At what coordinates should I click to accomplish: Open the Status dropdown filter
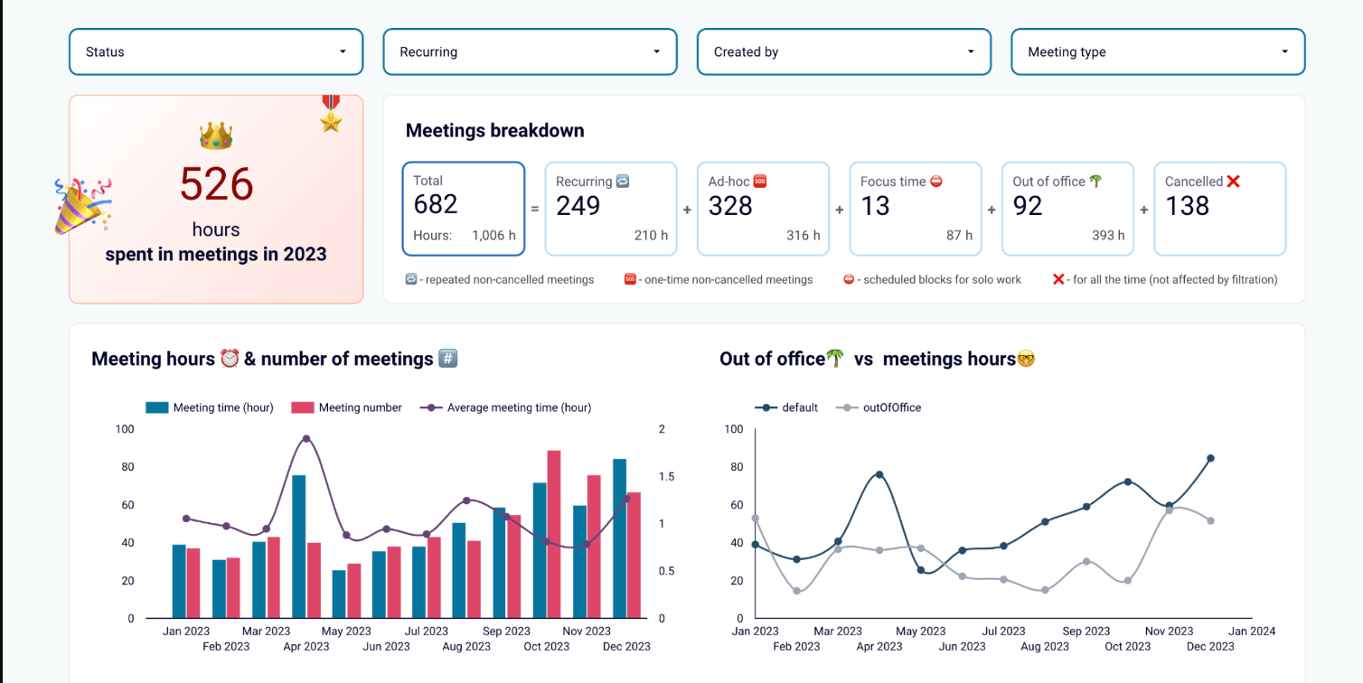[215, 52]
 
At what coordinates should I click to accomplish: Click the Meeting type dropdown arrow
[1284, 52]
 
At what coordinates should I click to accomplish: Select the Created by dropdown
[843, 52]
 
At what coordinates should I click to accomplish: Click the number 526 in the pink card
[216, 184]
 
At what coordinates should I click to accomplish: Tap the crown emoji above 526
[216, 136]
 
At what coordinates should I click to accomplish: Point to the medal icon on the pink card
[331, 113]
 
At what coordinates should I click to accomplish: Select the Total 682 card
[463, 209]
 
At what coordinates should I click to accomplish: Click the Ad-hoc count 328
[730, 206]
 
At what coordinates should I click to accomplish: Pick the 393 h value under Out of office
[1108, 236]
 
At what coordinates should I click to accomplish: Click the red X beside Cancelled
[1233, 182]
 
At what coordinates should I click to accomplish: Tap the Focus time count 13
[875, 206]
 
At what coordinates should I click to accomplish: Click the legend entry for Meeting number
[347, 407]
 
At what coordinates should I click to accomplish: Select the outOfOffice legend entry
[880, 407]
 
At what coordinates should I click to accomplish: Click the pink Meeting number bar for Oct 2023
[554, 534]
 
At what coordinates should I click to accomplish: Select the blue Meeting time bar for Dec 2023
[619, 538]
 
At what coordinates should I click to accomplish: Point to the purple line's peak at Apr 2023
[306, 439]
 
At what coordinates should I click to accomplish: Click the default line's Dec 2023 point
[1210, 458]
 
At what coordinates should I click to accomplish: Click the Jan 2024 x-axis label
[1252, 632]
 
